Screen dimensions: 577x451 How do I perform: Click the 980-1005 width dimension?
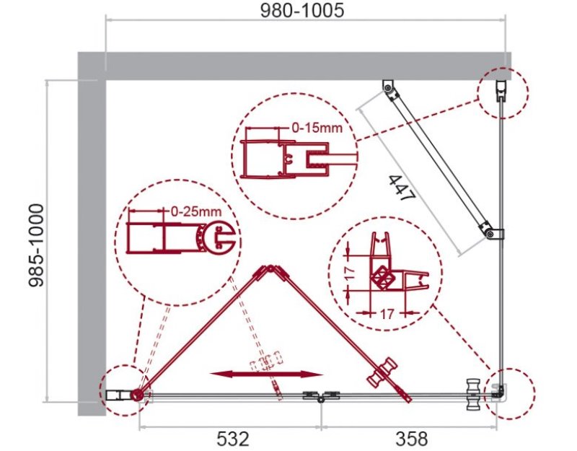302,10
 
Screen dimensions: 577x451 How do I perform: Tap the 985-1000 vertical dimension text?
36,246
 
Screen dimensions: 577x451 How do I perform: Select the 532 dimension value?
233,439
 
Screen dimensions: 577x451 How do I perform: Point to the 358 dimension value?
412,439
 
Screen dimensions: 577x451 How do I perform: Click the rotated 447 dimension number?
402,188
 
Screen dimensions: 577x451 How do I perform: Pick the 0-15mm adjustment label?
317,128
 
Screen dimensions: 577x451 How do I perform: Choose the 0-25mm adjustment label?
196,211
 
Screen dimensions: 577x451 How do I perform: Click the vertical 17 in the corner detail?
351,273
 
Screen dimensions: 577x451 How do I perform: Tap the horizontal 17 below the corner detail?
387,314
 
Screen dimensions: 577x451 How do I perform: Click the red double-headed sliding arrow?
266,375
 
